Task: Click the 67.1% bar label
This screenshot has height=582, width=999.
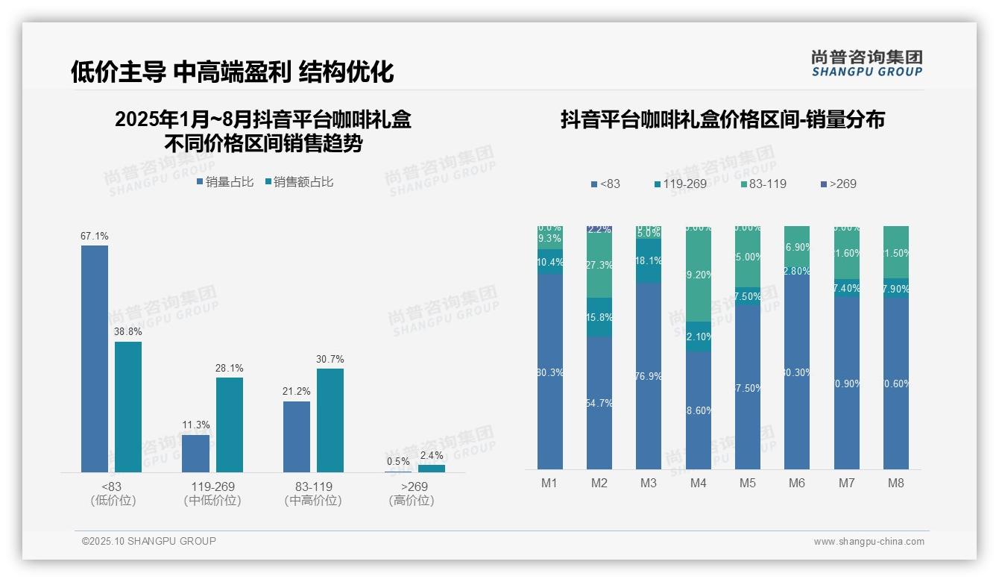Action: pyautogui.click(x=95, y=237)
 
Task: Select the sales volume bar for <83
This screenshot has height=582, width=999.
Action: pyautogui.click(x=95, y=358)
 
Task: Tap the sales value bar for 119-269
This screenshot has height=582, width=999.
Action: pyautogui.click(x=230, y=425)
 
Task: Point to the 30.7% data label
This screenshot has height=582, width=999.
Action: pyautogui.click(x=330, y=360)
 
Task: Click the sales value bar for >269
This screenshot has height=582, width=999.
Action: pyautogui.click(x=431, y=469)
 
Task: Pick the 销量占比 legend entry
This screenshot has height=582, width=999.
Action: pyautogui.click(x=226, y=182)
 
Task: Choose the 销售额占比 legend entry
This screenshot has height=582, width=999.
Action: pyautogui.click(x=300, y=182)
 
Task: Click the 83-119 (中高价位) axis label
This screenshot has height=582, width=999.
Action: pyautogui.click(x=313, y=493)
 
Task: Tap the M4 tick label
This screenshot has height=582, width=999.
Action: pyautogui.click(x=698, y=484)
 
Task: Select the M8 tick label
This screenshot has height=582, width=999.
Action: pyautogui.click(x=895, y=484)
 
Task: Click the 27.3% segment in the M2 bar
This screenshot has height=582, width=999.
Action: pyautogui.click(x=599, y=265)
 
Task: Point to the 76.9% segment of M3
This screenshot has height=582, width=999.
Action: pyautogui.click(x=649, y=376)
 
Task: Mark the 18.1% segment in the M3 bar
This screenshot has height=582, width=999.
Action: pyautogui.click(x=649, y=261)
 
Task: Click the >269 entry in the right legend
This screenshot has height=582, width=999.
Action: pyautogui.click(x=838, y=184)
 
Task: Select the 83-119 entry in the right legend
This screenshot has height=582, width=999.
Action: pyautogui.click(x=763, y=184)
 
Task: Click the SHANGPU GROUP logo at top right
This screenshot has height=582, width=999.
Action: pyautogui.click(x=867, y=63)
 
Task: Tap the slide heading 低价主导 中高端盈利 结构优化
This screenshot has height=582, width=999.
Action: pyautogui.click(x=232, y=72)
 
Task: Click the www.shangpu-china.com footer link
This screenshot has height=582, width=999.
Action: pyautogui.click(x=869, y=542)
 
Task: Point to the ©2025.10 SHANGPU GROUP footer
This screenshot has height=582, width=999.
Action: pyautogui.click(x=149, y=541)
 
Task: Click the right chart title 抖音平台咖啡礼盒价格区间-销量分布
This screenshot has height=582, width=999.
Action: pyautogui.click(x=722, y=119)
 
